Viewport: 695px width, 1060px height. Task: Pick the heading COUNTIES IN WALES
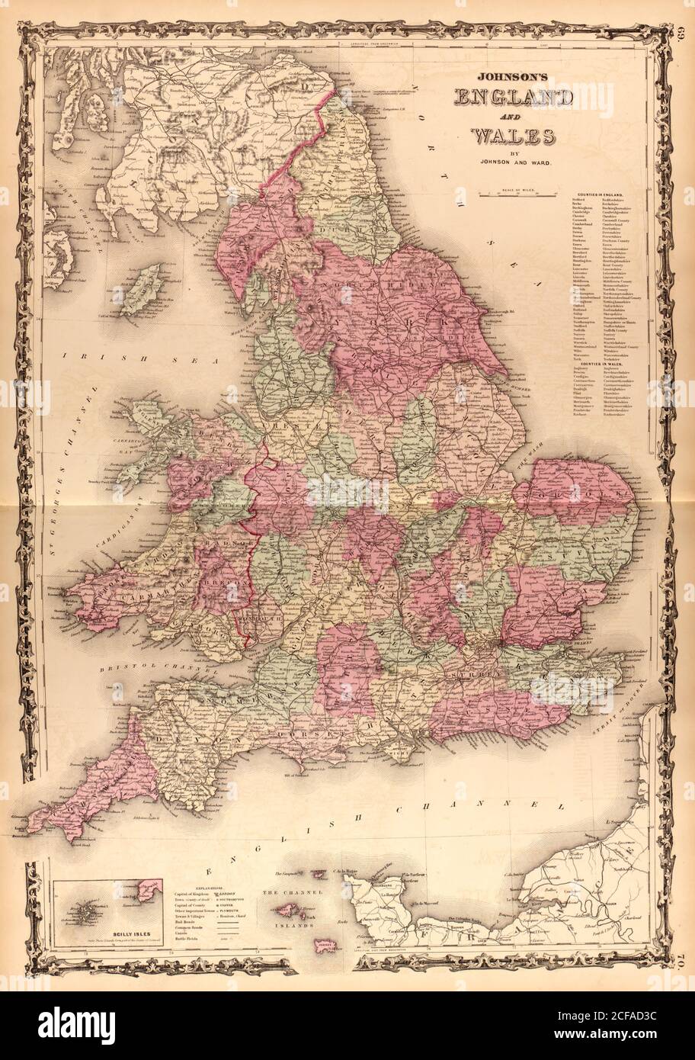click(x=604, y=365)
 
